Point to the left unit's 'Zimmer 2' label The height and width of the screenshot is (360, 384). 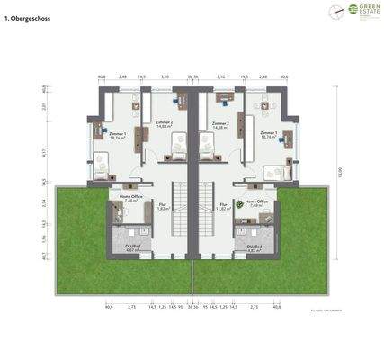(164, 124)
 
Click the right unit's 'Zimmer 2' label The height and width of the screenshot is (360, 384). (220, 124)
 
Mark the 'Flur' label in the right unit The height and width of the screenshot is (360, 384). (222, 205)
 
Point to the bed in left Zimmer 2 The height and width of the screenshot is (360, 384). (176, 145)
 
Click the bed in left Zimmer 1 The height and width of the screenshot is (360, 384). (102, 165)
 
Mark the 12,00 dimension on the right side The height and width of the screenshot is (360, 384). (339, 173)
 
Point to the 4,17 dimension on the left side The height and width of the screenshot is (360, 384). (44, 154)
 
